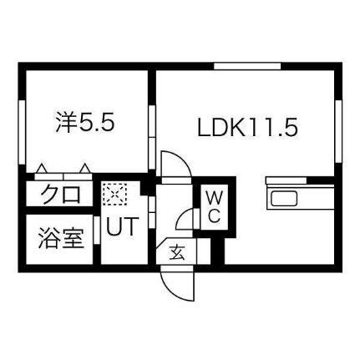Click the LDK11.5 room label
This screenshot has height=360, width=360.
247,127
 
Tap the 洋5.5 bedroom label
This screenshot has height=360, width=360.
85,122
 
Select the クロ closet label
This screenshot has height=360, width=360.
61,194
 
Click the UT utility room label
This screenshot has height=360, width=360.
122,226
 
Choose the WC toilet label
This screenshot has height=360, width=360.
215,207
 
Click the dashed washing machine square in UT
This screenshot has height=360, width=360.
115,194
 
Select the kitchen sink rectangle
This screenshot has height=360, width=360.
284,199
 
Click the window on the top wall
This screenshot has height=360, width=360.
247,66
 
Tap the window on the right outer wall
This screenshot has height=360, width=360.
338,131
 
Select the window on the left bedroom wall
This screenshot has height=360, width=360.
22,132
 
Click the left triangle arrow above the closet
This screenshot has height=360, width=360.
42,169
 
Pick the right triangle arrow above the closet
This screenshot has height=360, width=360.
84,169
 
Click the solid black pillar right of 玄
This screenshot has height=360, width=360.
217,251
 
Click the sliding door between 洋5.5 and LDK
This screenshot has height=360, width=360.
152,137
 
